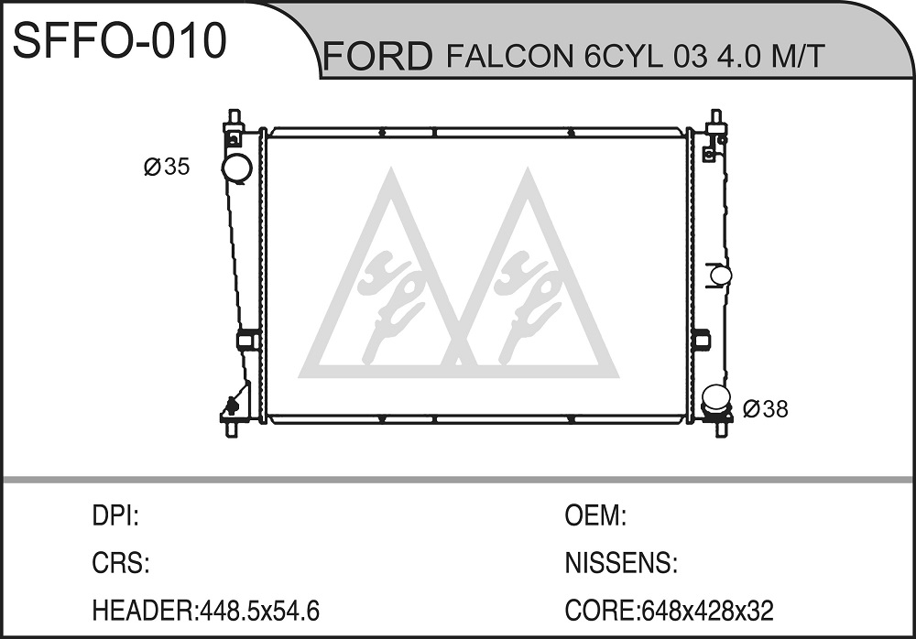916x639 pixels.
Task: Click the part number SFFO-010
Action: coord(119,40)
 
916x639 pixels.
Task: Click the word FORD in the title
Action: coord(378,56)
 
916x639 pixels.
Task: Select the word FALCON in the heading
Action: coord(510,56)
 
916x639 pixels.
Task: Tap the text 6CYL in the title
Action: coord(623,56)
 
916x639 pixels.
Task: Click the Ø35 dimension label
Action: coord(167,167)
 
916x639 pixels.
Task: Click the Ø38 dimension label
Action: coord(765,409)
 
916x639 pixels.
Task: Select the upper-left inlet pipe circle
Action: coord(236,168)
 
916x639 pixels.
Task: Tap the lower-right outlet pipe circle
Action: coord(716,399)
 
